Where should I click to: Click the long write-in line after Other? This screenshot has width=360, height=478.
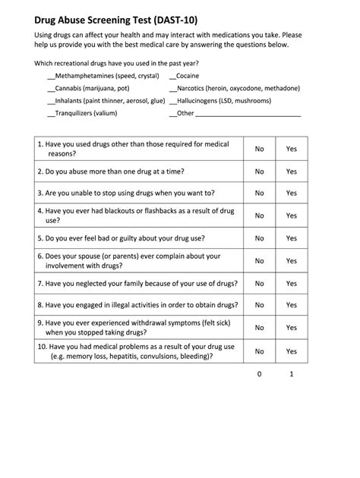point(248,114)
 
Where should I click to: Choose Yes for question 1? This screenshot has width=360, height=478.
point(291,149)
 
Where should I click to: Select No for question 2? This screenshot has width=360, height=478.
point(259,171)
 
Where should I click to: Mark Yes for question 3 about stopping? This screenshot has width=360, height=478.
point(291,193)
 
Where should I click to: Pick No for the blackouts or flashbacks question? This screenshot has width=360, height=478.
point(259,215)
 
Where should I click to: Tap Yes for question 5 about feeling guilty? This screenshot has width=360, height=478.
point(291,238)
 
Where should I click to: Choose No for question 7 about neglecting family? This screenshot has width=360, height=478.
point(259,283)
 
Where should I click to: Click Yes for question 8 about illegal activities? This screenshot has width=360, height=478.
point(291,305)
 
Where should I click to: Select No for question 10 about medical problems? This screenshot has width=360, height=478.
point(259,351)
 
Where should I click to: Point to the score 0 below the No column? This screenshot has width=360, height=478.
point(259,374)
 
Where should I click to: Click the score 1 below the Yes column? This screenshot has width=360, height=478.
point(291,374)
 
